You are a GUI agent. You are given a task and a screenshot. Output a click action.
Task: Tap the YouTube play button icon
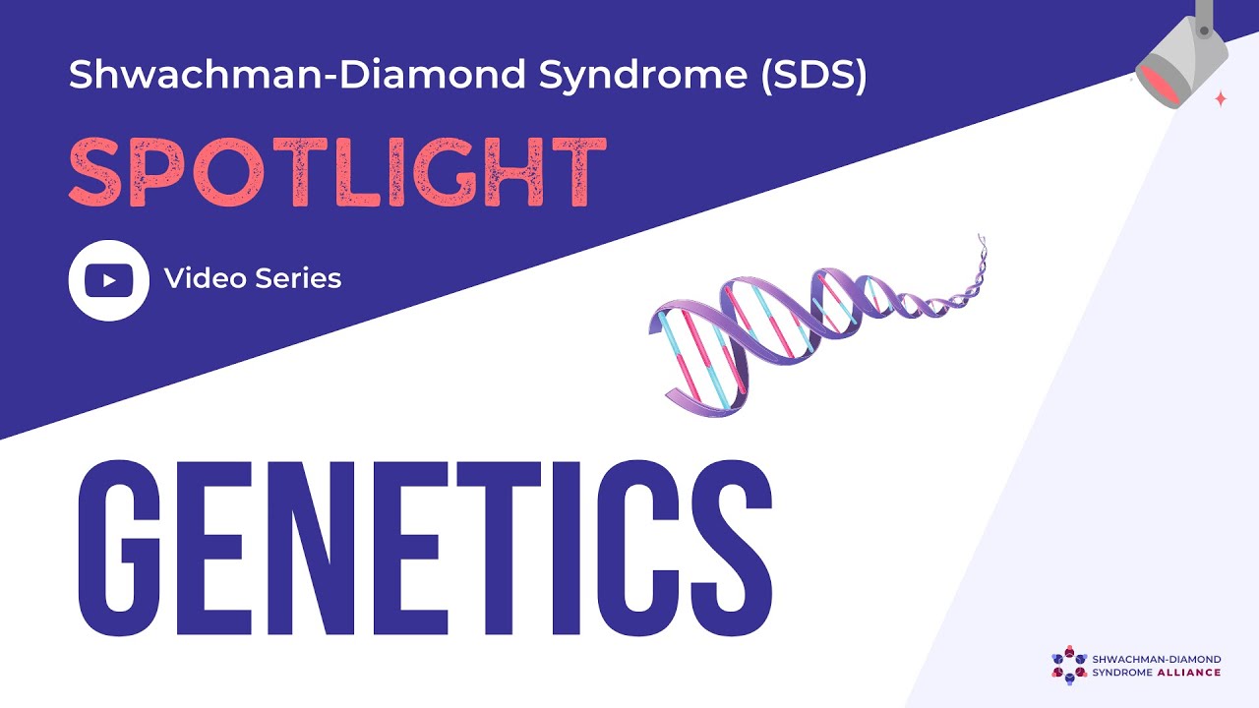pyautogui.click(x=108, y=280)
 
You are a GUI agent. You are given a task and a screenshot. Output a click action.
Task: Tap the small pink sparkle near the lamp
pyautogui.click(x=1221, y=98)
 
